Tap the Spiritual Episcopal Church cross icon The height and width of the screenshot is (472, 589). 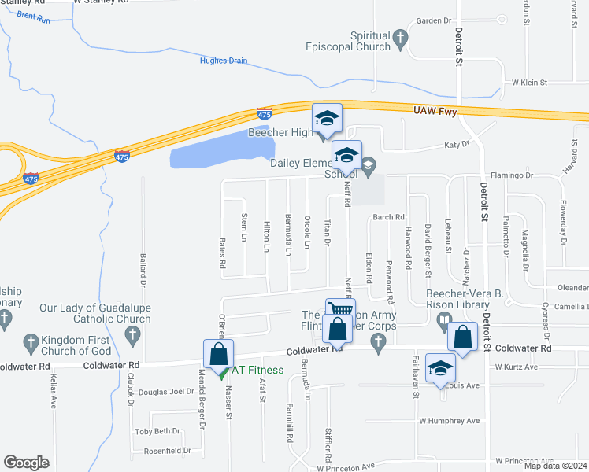pos(400,36)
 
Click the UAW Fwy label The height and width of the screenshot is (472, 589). pos(436,112)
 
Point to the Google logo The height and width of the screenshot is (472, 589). pos(26,463)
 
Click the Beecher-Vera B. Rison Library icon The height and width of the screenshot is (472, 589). pos(443,319)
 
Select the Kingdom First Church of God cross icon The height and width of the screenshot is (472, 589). pos(31,342)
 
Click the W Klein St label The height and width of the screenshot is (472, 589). pos(529,82)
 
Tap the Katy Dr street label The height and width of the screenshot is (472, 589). pos(457,145)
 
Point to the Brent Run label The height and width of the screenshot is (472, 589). pos(32,16)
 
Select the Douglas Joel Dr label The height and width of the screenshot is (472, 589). pos(166,391)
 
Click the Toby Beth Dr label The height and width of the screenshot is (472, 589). pos(157,431)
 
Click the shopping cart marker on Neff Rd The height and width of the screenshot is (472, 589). pos(340,310)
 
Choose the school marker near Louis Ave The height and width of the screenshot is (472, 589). pos(440,367)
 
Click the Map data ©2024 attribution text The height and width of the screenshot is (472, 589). pos(554,466)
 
